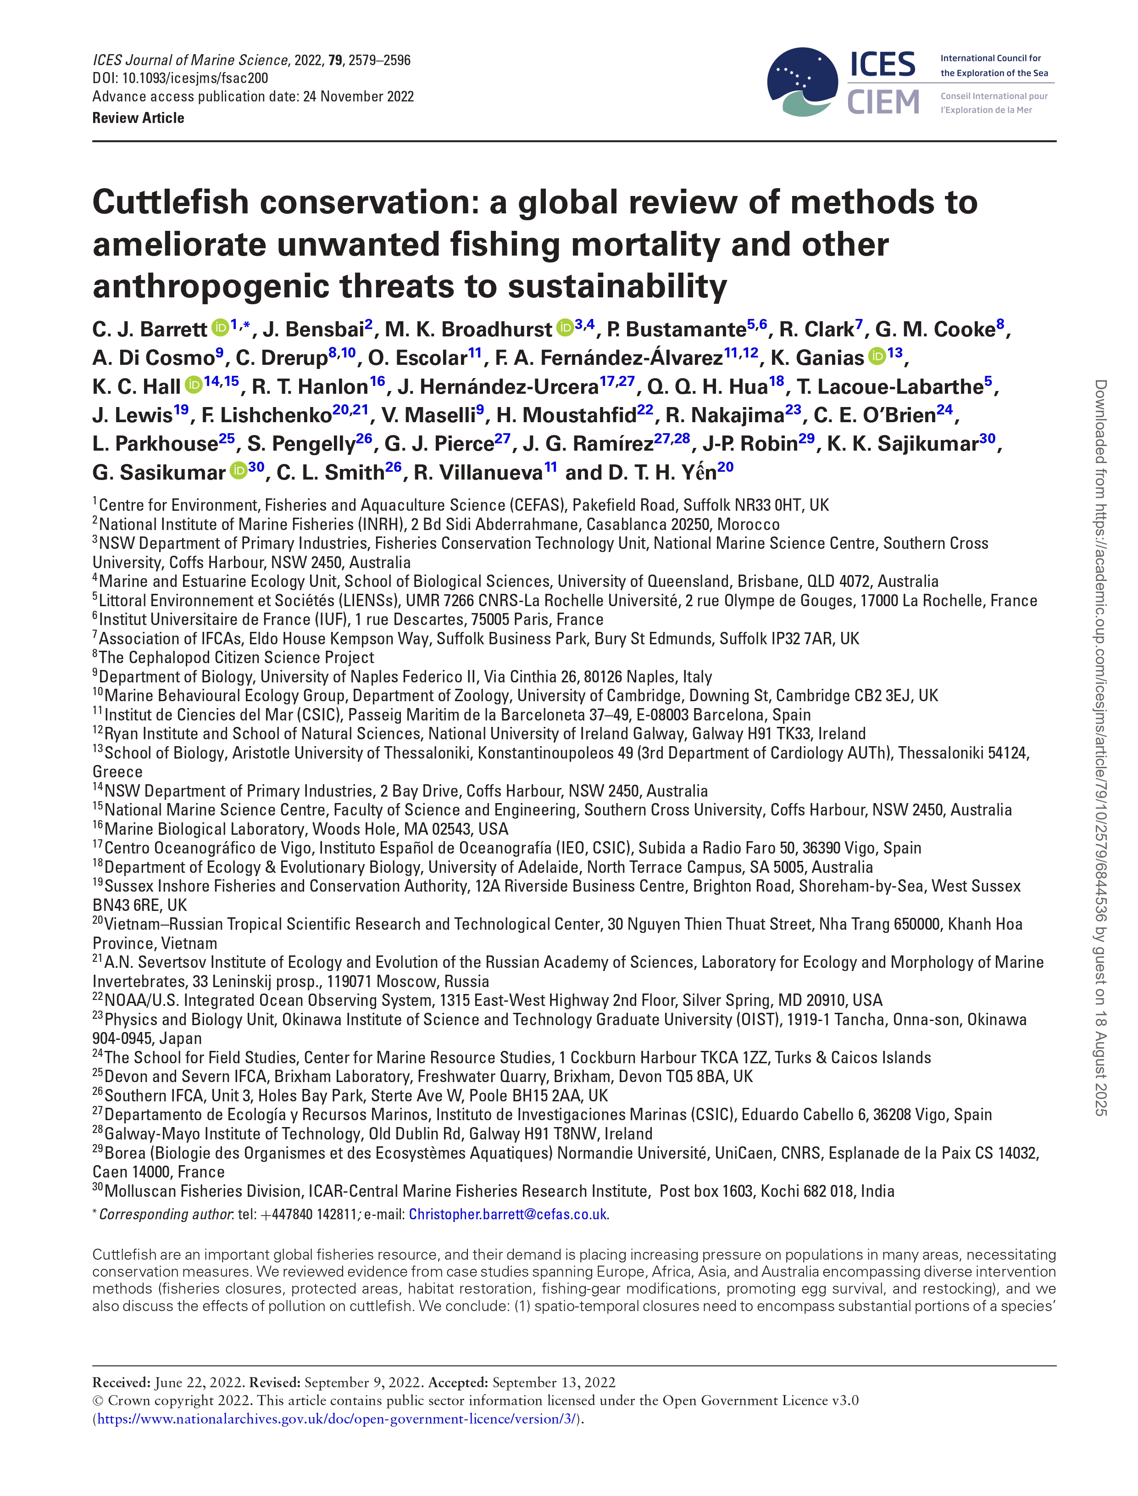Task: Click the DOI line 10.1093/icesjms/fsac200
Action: [180, 78]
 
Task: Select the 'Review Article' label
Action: [138, 118]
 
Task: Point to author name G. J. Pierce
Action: [439, 443]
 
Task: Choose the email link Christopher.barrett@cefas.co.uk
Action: [507, 1214]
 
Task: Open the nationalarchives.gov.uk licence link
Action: [337, 1419]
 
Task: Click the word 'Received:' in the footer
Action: [121, 1382]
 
